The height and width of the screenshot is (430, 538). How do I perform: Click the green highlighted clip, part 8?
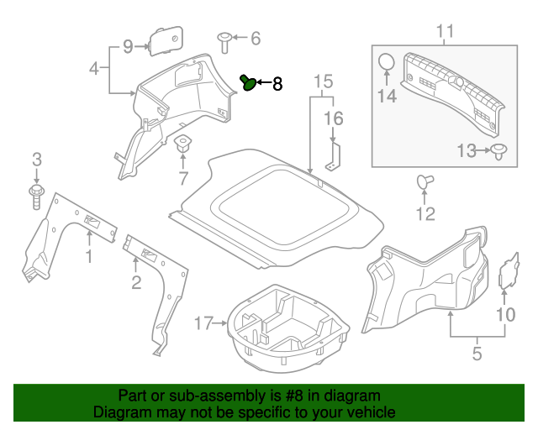(249, 82)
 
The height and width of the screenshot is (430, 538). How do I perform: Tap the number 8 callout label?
(277, 84)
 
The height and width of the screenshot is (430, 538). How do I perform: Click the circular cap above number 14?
(386, 64)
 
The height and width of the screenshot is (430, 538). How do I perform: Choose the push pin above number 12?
(424, 181)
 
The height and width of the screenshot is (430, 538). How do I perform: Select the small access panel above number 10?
(509, 272)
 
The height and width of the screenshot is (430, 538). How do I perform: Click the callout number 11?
(445, 32)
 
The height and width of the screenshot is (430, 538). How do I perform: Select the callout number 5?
(477, 354)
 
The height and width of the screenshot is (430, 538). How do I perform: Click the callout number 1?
(88, 255)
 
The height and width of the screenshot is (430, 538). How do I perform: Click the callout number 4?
(94, 67)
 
